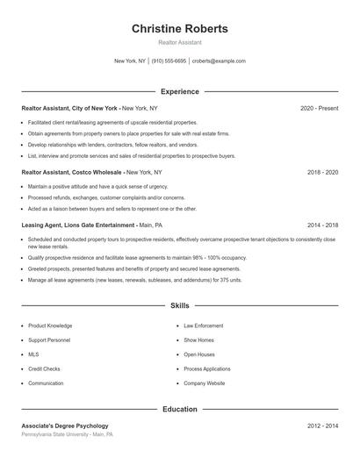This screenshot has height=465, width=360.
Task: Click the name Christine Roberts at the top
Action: click(180, 29)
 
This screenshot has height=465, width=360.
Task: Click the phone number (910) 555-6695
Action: click(169, 61)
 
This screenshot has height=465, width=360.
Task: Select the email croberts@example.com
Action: click(219, 61)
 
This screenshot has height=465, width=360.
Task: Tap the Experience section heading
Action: click(180, 91)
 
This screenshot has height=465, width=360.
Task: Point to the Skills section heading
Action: click(180, 306)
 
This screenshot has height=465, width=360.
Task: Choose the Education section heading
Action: click(180, 409)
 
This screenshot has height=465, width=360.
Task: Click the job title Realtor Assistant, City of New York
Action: click(70, 108)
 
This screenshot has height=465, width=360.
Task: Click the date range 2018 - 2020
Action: click(322, 173)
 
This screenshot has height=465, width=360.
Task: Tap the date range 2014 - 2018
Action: click(322, 225)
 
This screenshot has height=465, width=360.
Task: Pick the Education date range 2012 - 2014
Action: click(322, 426)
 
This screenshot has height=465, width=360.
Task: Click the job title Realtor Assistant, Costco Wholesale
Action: click(73, 173)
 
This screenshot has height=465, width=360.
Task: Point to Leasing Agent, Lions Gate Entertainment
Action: click(79, 225)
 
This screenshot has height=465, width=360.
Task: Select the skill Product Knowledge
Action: click(50, 325)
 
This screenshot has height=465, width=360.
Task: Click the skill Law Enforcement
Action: click(204, 325)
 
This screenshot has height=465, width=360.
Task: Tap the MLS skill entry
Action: click(33, 354)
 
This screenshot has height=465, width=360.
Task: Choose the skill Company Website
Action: click(205, 383)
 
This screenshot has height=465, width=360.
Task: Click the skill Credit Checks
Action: click(45, 369)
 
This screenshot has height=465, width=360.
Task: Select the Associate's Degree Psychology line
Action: click(65, 426)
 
